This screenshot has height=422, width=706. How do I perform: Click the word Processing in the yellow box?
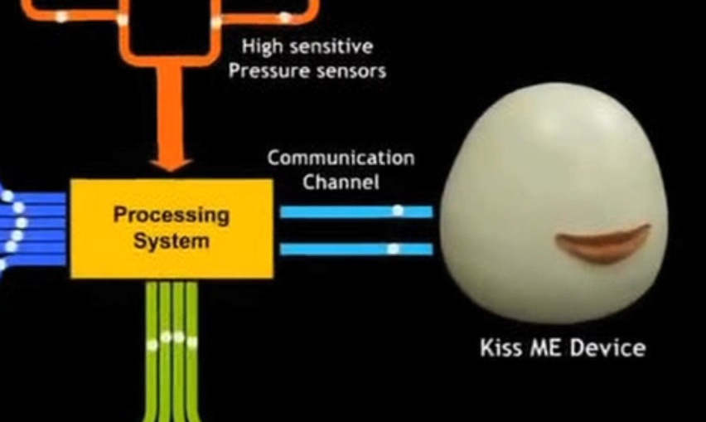click(x=171, y=216)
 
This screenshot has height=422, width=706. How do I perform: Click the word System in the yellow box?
click(x=173, y=242)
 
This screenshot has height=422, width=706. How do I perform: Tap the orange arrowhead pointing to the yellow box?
click(x=172, y=159)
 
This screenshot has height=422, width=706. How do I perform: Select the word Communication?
click(x=341, y=158)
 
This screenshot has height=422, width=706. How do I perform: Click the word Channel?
click(x=341, y=181)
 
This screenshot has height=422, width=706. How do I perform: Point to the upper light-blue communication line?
click(x=355, y=211)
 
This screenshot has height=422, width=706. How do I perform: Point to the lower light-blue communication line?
click(x=355, y=249)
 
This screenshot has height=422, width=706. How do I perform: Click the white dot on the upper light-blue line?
click(x=398, y=211)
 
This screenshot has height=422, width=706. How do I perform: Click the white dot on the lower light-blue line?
click(x=394, y=249)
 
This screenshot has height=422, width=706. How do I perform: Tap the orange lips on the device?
click(x=602, y=243)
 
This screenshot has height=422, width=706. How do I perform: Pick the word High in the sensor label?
click(x=259, y=46)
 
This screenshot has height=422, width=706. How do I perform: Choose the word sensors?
click(x=346, y=72)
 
